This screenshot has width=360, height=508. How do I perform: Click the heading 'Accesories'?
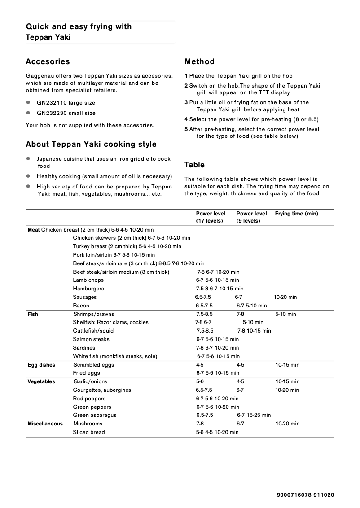(48, 62)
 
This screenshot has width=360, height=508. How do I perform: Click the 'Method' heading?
(199, 62)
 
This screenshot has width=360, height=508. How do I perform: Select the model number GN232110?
(51, 103)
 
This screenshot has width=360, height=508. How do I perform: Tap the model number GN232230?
(51, 113)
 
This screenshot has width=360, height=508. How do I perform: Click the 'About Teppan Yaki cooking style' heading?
(91, 145)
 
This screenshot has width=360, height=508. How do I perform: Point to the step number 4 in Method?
(186, 119)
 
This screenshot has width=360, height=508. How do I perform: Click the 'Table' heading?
(194, 165)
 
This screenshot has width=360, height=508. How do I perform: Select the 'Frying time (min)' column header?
(296, 214)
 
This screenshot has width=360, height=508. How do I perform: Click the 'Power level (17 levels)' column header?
(211, 217)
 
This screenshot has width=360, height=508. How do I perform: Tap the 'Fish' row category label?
(33, 314)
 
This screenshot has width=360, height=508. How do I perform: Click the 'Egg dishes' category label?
(41, 365)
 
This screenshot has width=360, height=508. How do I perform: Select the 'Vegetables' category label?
(41, 382)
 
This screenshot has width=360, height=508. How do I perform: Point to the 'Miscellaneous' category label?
(45, 424)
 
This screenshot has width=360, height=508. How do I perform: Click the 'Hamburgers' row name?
(88, 289)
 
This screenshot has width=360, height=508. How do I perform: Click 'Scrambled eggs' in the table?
(93, 365)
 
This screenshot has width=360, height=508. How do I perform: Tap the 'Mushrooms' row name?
(88, 424)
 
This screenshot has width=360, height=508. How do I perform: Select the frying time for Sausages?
(285, 297)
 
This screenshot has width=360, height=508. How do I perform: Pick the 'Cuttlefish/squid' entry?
(93, 331)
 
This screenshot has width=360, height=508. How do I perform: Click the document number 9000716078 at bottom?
(294, 495)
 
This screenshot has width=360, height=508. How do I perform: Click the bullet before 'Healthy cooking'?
(28, 176)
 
